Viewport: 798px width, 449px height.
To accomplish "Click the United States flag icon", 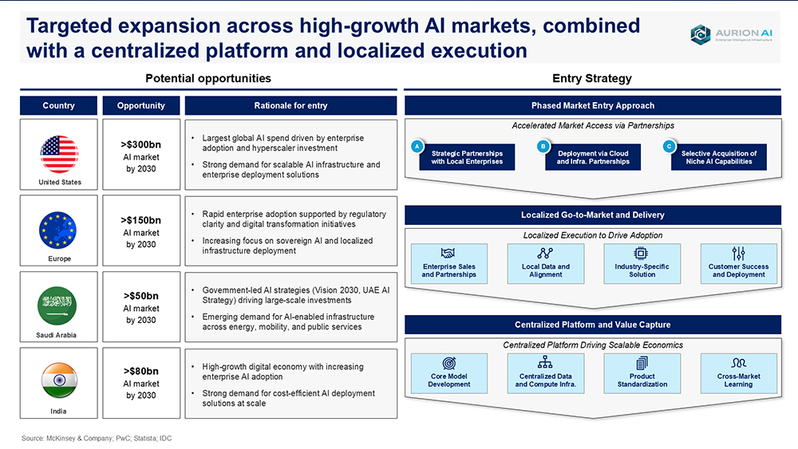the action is pyautogui.click(x=59, y=154).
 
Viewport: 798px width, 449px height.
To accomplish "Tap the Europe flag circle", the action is pyautogui.click(x=57, y=230).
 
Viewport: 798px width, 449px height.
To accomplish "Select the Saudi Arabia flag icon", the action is pyautogui.click(x=57, y=305).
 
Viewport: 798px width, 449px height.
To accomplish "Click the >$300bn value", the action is pyautogui.click(x=141, y=144).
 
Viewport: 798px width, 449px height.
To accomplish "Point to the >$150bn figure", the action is pyautogui.click(x=141, y=220).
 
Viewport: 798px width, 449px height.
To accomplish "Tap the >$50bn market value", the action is pyautogui.click(x=141, y=296).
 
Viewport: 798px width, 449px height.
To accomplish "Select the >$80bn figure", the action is pyautogui.click(x=141, y=371).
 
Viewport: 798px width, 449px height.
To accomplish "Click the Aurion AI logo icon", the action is pyautogui.click(x=701, y=34).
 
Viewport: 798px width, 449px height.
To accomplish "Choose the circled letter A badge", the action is pyautogui.click(x=417, y=147).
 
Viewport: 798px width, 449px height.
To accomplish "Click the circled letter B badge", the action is pyautogui.click(x=543, y=147).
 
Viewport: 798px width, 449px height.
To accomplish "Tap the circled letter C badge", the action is pyautogui.click(x=670, y=147).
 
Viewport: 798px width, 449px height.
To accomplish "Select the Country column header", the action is pyautogui.click(x=58, y=106).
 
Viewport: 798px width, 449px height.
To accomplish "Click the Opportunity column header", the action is pyautogui.click(x=141, y=106).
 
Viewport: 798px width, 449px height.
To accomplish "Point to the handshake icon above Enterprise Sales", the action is pyautogui.click(x=448, y=254).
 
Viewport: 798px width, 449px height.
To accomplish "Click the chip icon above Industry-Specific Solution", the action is pyautogui.click(x=642, y=254).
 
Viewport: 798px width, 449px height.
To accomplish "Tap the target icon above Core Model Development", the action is pyautogui.click(x=448, y=363).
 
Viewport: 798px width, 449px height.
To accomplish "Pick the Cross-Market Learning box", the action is pyautogui.click(x=738, y=374).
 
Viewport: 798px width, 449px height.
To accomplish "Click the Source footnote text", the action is pyautogui.click(x=97, y=439).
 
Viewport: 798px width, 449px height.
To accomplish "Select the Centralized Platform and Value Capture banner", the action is pyautogui.click(x=593, y=325).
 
